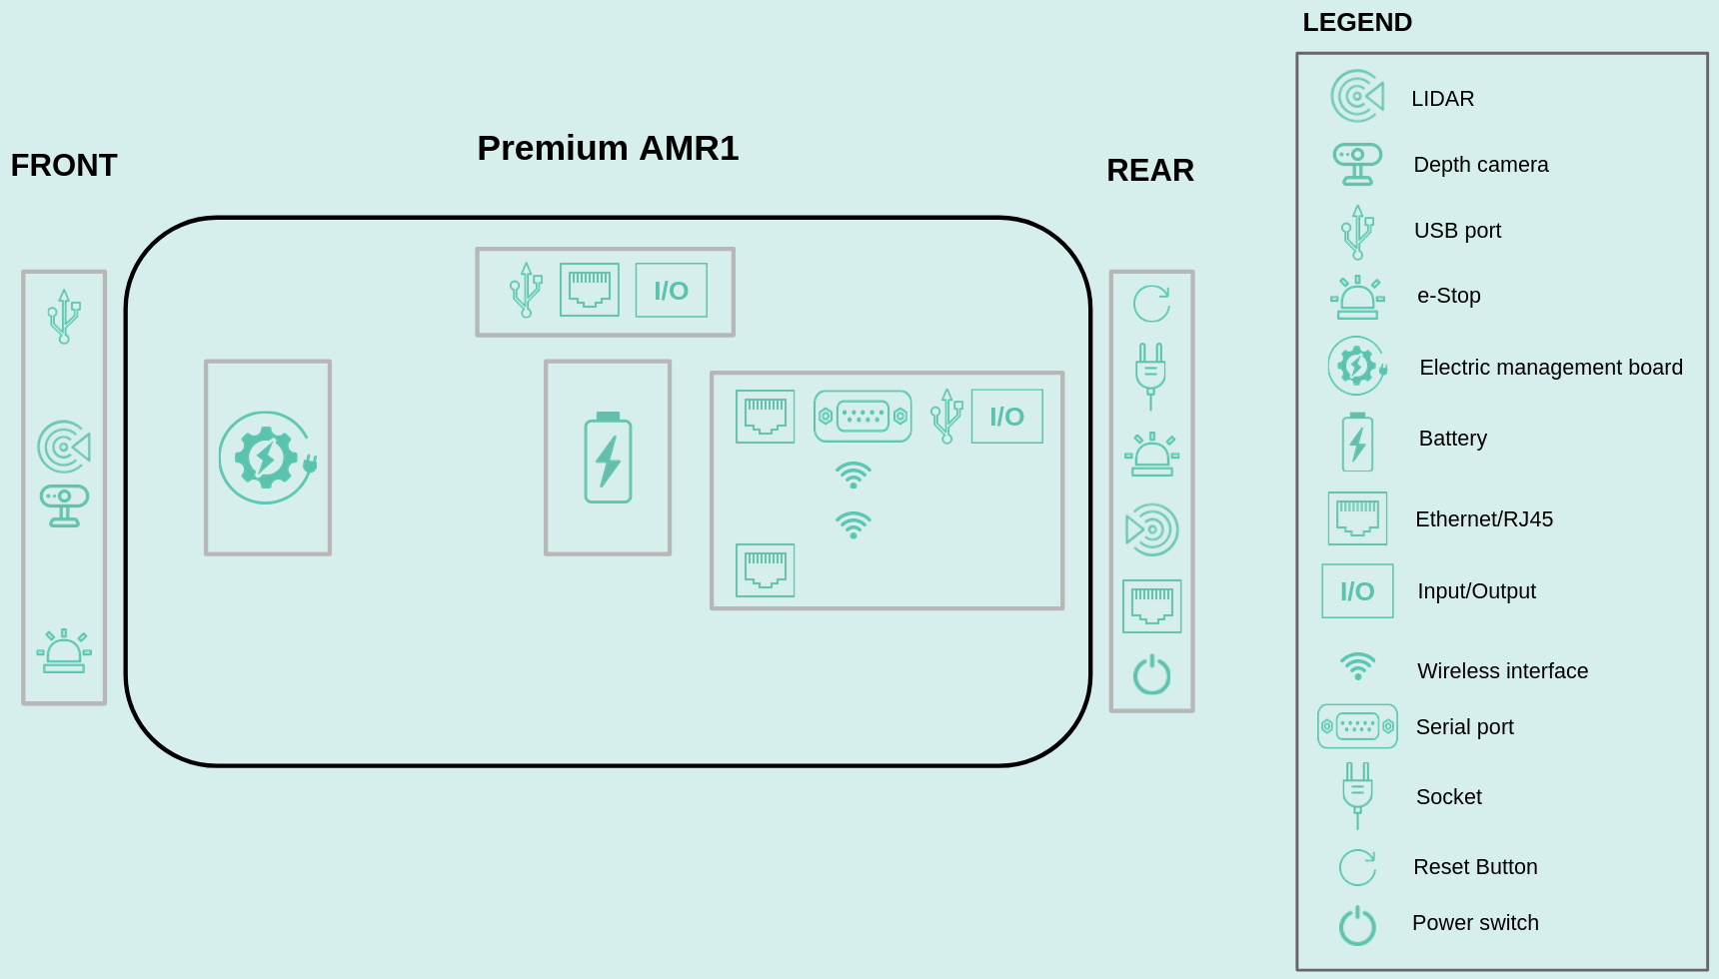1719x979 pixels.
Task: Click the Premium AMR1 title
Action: [x=608, y=148]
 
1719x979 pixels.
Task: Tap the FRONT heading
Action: [x=64, y=165]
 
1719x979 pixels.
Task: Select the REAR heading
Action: [x=1149, y=170]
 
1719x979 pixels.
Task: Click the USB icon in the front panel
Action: [x=64, y=317]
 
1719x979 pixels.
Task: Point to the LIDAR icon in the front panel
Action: [x=64, y=447]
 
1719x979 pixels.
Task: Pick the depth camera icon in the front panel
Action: [x=64, y=505]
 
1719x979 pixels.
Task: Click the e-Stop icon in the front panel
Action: [x=64, y=651]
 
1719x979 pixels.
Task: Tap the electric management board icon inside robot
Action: [x=267, y=458]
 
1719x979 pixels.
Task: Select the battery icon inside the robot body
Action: [x=608, y=458]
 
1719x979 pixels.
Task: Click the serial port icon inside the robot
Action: [x=862, y=416]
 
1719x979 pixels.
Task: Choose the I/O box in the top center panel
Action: [x=671, y=290]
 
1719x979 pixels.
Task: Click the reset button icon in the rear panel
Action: [x=1151, y=304]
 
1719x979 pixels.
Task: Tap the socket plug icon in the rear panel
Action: [x=1150, y=375]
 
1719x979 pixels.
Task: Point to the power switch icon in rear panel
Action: [x=1151, y=675]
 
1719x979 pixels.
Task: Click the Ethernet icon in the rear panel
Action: [x=1151, y=605]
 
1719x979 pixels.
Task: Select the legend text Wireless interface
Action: [x=1501, y=671]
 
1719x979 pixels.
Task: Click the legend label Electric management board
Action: [x=1550, y=368]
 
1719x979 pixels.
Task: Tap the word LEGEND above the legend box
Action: [x=1356, y=22]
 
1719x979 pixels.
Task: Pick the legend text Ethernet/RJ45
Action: [x=1483, y=519]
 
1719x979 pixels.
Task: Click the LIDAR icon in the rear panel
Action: [x=1151, y=529]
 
